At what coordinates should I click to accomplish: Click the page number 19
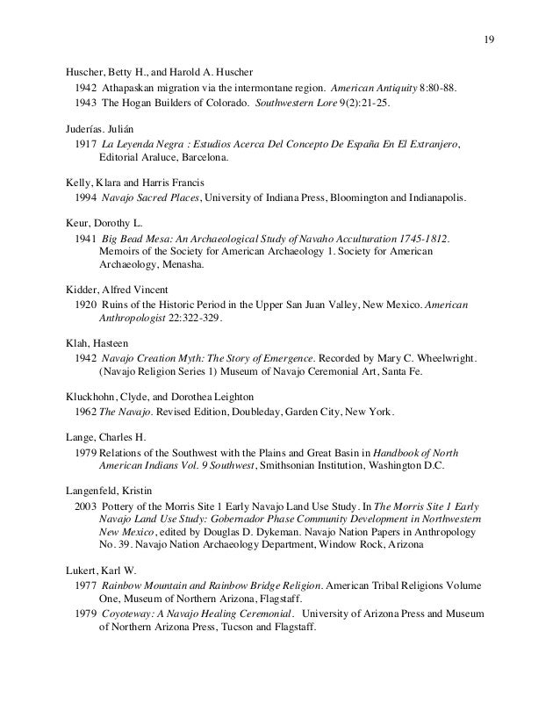tap(489, 39)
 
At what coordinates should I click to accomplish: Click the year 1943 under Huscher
tap(86, 104)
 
